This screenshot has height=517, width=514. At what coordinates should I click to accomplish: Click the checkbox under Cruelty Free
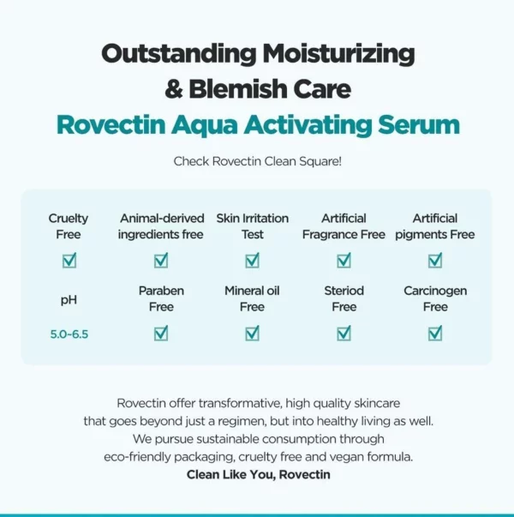click(69, 261)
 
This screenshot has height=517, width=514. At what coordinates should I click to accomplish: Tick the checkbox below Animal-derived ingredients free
click(161, 261)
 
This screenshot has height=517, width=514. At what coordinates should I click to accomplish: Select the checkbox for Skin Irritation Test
click(252, 261)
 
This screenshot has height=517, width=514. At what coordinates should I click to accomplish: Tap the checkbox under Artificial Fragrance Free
click(344, 261)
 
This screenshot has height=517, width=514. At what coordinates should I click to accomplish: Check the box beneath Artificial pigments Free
click(435, 261)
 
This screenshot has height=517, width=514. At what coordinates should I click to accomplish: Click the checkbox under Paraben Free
click(161, 334)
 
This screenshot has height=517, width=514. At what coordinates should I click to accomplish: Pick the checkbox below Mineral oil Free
click(252, 334)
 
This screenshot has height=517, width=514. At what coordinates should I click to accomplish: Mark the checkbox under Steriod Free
click(344, 334)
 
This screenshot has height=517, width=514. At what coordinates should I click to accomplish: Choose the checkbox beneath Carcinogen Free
click(435, 334)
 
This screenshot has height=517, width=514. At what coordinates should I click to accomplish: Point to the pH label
click(69, 299)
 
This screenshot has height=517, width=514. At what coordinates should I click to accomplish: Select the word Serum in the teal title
click(415, 124)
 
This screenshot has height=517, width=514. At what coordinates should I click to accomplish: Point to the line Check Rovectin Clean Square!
click(257, 160)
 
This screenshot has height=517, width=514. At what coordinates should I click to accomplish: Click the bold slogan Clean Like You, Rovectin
click(257, 474)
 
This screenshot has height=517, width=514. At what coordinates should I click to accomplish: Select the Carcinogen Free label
click(435, 298)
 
